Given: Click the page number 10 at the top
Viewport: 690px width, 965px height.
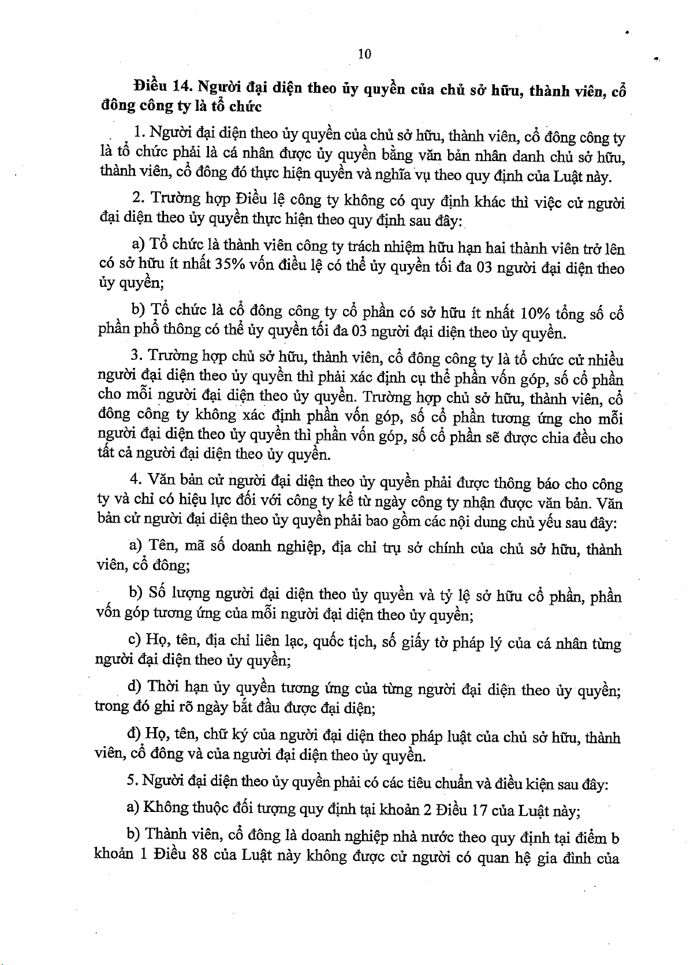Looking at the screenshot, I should (364, 54).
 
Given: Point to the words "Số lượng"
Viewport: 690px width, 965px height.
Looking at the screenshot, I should (178, 594).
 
